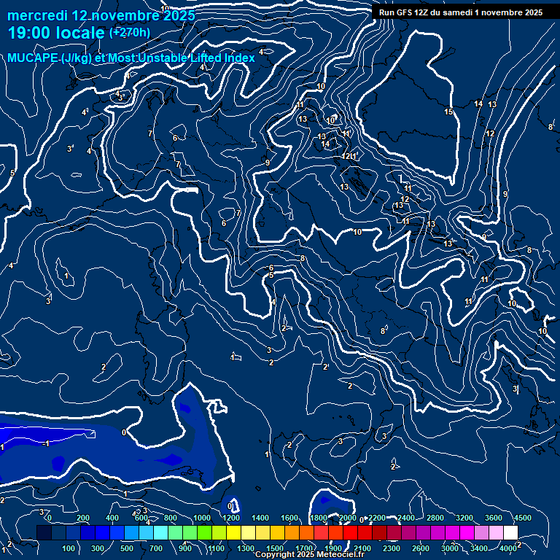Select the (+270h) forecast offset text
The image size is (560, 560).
pyautogui.click(x=130, y=32)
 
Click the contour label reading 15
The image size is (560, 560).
pyautogui.click(x=448, y=112)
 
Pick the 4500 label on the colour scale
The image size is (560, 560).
pyautogui.click(x=523, y=518)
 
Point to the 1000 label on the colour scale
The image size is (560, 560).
pyautogui.click(x=202, y=518)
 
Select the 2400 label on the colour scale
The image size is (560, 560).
pyautogui.click(x=406, y=518)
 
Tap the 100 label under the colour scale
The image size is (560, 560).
pyautogui.click(x=69, y=548)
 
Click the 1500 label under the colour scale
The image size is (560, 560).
pyautogui.click(x=275, y=548)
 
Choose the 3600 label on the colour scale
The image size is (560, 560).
pyautogui.click(x=494, y=518)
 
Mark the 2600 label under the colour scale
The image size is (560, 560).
pyautogui.click(x=421, y=548)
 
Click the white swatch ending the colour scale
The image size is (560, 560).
pyautogui.click(x=510, y=533)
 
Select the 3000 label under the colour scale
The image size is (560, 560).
pyautogui.click(x=450, y=548)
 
